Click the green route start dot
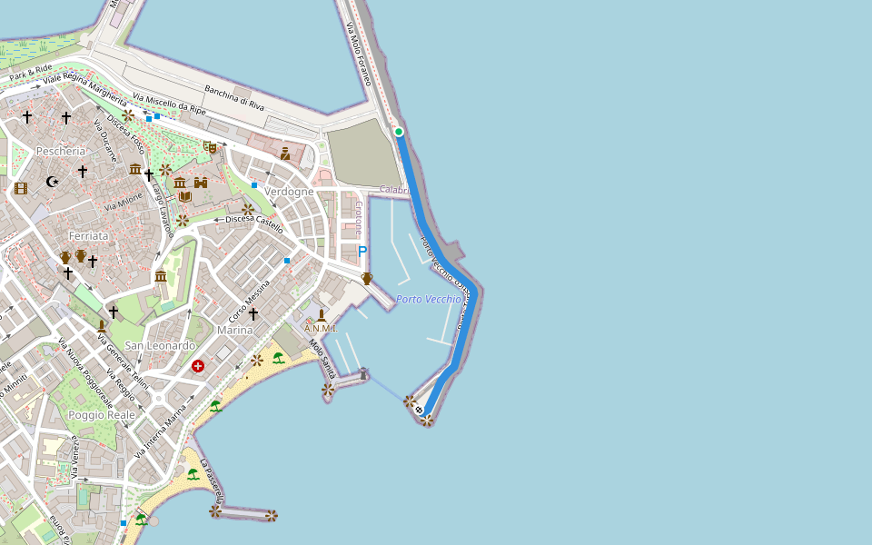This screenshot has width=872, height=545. pyautogui.click(x=398, y=133)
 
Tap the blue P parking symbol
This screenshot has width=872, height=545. pyautogui.click(x=362, y=252)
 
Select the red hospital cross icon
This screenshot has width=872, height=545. pyautogui.click(x=198, y=366)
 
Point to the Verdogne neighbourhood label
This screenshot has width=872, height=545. pyautogui.click(x=289, y=192)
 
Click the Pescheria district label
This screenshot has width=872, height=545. pyautogui.click(x=61, y=151)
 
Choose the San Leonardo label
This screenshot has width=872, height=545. pyautogui.click(x=160, y=346)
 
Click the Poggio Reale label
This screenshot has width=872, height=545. pyautogui.click(x=102, y=415)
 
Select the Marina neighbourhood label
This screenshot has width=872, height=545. pyautogui.click(x=235, y=331)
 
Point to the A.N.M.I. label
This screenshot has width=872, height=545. pyautogui.click(x=321, y=329)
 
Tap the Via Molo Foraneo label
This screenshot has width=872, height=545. pyautogui.click(x=359, y=55)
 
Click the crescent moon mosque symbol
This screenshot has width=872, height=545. pyautogui.click(x=53, y=182)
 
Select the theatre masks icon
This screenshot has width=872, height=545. pyautogui.click(x=210, y=146)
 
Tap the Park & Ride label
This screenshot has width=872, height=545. pyautogui.click(x=30, y=73)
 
